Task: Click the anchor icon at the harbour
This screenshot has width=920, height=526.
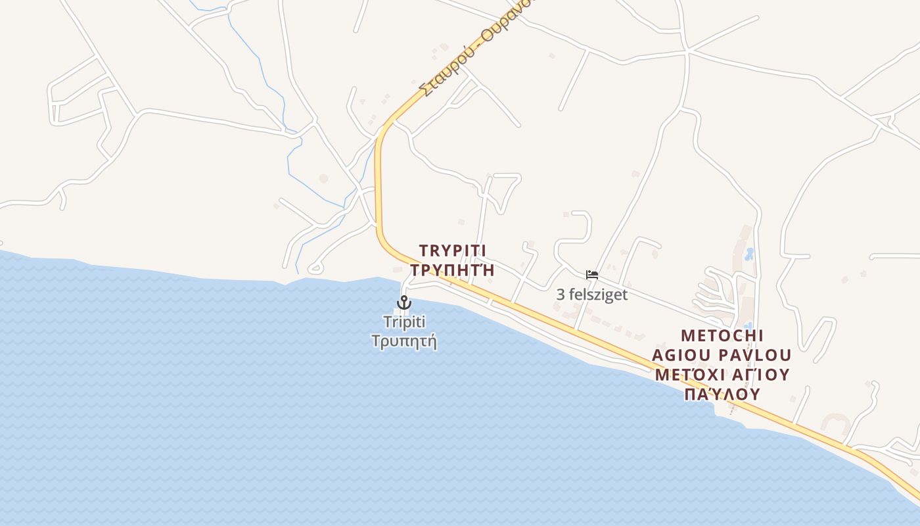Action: (403, 302)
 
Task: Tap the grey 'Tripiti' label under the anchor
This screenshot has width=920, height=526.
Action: (404, 322)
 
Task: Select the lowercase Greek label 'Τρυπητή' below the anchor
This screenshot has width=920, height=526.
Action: (404, 341)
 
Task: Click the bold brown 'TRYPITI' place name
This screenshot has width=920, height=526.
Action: (452, 251)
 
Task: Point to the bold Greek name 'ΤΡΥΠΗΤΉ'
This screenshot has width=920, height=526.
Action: (452, 270)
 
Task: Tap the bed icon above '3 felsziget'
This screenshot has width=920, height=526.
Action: (592, 275)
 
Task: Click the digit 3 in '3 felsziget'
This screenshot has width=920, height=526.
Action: (561, 295)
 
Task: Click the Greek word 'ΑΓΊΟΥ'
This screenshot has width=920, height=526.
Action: (762, 375)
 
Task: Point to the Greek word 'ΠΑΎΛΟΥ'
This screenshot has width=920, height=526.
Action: (722, 394)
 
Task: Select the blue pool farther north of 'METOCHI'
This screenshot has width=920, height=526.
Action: (749, 253)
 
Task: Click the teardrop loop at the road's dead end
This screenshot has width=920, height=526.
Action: (315, 268)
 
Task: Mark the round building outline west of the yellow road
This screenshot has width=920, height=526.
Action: (323, 178)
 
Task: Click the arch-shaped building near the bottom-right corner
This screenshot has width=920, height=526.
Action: (835, 423)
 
